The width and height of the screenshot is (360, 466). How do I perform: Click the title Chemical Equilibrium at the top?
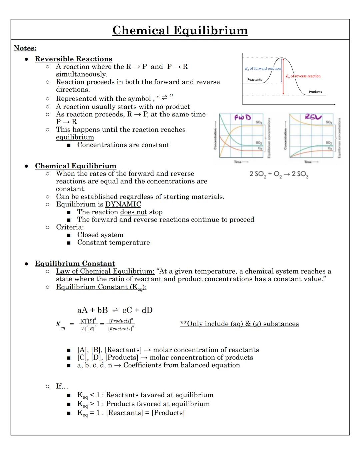(180, 30)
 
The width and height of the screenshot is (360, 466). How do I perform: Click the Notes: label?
(25, 48)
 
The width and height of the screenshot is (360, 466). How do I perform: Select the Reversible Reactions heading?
(73, 59)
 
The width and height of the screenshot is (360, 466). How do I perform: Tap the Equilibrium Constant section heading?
(75, 264)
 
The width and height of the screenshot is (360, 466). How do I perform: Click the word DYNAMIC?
(123, 204)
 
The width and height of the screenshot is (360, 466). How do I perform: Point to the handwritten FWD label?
(242, 117)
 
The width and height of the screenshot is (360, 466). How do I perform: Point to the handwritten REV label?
(313, 117)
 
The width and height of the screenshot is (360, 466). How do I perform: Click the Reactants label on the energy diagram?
(254, 80)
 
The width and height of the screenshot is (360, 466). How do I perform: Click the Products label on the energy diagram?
(315, 92)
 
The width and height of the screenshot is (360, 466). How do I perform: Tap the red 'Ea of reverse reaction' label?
(303, 76)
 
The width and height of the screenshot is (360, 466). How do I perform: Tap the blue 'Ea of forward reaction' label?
(263, 68)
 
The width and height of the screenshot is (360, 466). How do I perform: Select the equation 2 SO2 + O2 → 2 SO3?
(279, 174)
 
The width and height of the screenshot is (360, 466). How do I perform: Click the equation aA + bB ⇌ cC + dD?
(115, 310)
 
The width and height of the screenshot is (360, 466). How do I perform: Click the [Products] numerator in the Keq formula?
(121, 321)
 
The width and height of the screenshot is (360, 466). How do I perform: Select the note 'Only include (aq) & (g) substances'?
(239, 324)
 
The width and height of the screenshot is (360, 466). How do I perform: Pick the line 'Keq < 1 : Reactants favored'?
(145, 395)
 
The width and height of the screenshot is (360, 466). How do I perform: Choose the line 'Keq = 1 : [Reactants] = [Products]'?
(131, 413)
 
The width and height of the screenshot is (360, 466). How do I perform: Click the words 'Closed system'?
(100, 235)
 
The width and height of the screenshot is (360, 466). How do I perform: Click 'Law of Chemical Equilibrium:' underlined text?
(105, 271)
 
